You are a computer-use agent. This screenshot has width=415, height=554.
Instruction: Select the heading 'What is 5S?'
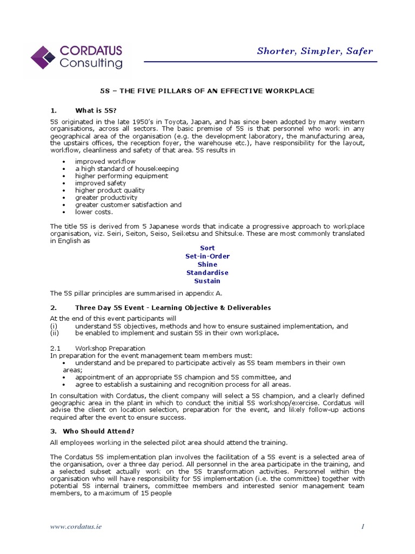(x=96, y=110)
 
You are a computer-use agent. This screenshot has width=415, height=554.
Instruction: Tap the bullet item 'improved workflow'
(x=105, y=161)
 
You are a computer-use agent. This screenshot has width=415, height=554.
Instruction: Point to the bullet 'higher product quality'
(x=110, y=190)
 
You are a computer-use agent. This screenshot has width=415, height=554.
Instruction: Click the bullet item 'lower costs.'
(x=94, y=212)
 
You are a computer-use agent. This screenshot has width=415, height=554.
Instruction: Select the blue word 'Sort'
(x=207, y=248)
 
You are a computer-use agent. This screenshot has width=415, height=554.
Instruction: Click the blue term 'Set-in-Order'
(x=207, y=256)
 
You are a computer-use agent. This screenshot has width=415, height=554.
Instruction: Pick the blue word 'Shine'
(x=207, y=265)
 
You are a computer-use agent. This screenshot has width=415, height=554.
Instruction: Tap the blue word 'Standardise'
(x=207, y=273)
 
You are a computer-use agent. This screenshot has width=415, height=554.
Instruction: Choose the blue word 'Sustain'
(x=207, y=281)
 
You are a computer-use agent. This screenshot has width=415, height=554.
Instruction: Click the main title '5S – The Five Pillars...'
(x=207, y=91)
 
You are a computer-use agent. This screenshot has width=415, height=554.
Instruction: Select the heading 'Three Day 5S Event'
(x=173, y=307)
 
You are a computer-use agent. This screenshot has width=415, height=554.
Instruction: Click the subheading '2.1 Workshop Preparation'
(x=98, y=348)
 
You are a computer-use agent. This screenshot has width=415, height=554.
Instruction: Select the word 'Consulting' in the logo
(x=91, y=63)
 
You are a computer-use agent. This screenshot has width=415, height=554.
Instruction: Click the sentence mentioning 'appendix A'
(x=136, y=293)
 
